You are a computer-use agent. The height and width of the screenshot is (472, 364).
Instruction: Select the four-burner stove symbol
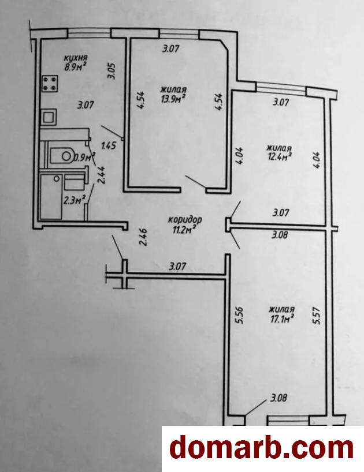50,84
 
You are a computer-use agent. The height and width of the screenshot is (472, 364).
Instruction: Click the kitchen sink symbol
49,117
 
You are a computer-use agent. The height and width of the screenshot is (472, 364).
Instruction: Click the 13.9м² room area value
173,98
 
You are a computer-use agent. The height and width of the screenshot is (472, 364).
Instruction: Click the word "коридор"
185,219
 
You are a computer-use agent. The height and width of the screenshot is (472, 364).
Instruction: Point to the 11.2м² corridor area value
185,230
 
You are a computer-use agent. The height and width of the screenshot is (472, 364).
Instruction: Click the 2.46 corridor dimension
143,238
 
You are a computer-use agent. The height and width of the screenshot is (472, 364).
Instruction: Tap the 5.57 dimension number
317,316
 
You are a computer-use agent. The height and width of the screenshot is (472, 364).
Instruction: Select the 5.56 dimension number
240,316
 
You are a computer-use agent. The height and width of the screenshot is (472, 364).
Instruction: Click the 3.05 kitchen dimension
112,71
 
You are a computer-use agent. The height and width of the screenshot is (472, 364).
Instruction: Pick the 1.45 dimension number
109,146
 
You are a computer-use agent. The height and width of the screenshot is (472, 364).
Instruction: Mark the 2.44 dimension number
102,175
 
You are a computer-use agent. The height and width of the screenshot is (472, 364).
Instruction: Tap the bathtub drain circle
57,178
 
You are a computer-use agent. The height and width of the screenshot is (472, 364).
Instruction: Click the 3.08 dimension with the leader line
278,398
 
